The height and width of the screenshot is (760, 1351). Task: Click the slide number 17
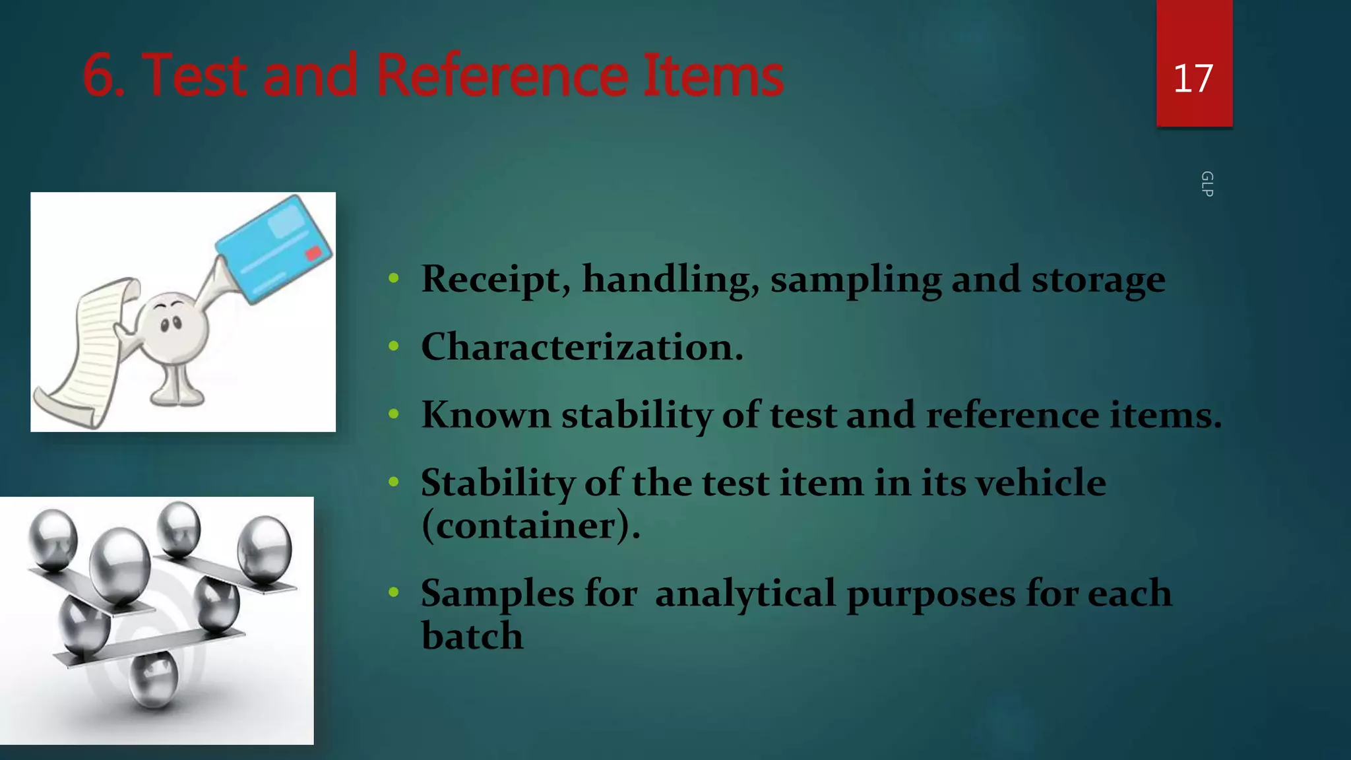(1193, 79)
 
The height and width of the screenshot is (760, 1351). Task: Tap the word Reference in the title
(501, 75)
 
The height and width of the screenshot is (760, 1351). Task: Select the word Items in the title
(712, 75)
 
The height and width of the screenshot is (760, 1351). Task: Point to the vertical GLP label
(1207, 184)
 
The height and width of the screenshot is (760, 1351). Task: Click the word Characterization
(582, 347)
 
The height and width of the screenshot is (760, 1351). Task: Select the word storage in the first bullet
(1098, 280)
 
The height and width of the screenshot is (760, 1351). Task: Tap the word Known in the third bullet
(486, 415)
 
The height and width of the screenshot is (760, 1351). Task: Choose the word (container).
(530, 526)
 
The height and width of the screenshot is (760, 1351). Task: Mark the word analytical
(745, 593)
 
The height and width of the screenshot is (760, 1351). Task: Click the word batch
(472, 636)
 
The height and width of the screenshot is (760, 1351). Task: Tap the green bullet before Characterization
(394, 346)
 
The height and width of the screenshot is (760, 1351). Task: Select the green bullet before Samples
(394, 592)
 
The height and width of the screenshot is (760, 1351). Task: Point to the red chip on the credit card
(313, 253)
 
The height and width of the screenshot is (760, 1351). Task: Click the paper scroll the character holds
(86, 350)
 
